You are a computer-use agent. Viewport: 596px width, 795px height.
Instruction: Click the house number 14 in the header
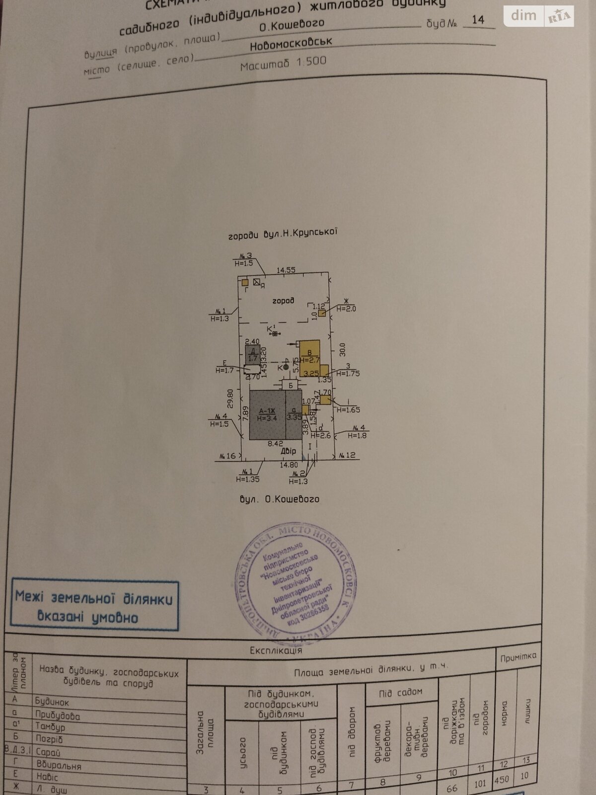point(478,20)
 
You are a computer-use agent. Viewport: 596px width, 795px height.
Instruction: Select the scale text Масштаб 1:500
point(283,64)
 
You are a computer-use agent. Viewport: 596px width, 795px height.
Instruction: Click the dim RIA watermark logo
point(539,16)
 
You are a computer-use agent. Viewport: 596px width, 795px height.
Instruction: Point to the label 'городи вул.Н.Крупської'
point(283,234)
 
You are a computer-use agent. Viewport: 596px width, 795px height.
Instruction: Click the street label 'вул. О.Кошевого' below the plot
point(279,499)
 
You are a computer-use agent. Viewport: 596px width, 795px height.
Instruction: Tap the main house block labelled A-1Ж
point(267,414)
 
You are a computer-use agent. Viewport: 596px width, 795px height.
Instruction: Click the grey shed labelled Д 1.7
point(253,354)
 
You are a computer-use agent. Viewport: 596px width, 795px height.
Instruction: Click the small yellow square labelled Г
point(245,282)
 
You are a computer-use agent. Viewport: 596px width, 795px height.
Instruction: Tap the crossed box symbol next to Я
point(256,282)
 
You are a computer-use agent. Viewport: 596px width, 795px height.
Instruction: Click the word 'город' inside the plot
point(283,300)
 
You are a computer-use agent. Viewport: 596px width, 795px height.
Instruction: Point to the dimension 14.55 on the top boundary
point(286,270)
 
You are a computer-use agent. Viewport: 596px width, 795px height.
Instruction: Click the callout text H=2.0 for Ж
point(346,309)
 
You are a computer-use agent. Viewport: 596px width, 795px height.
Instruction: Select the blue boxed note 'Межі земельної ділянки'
point(94,604)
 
